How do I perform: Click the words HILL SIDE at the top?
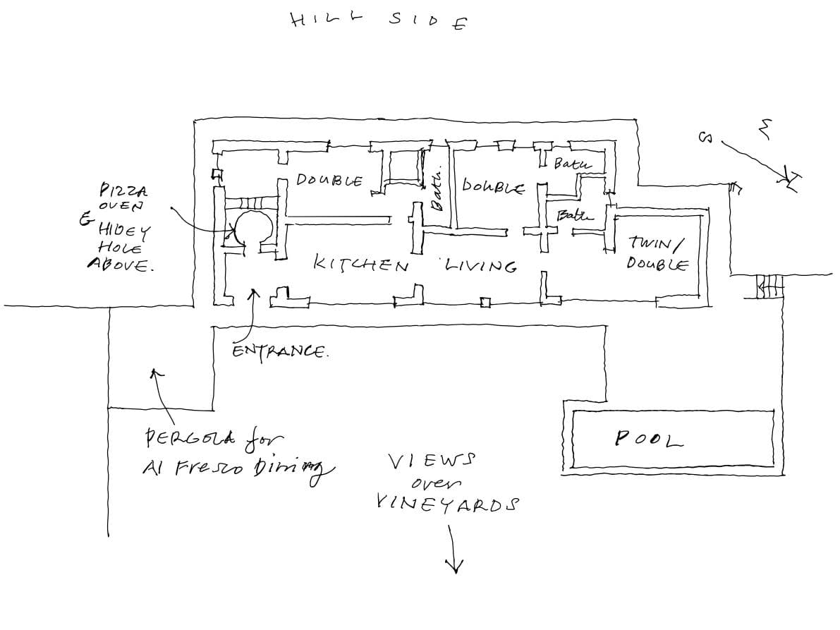click(x=378, y=20)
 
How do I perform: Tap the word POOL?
click(x=650, y=440)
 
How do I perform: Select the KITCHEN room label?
click(x=360, y=265)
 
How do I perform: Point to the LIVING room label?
click(x=480, y=265)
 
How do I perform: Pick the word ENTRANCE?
click(x=280, y=351)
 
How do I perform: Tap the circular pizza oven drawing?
click(x=252, y=227)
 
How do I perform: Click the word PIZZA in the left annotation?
click(x=123, y=190)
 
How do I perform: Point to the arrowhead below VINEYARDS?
click(x=454, y=567)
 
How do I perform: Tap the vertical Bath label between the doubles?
click(x=437, y=190)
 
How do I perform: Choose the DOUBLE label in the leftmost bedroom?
click(x=329, y=181)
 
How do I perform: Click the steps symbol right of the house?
click(x=769, y=286)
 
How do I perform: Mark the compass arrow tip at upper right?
click(x=791, y=185)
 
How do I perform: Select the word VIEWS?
click(x=432, y=462)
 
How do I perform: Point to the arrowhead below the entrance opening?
click(x=255, y=291)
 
